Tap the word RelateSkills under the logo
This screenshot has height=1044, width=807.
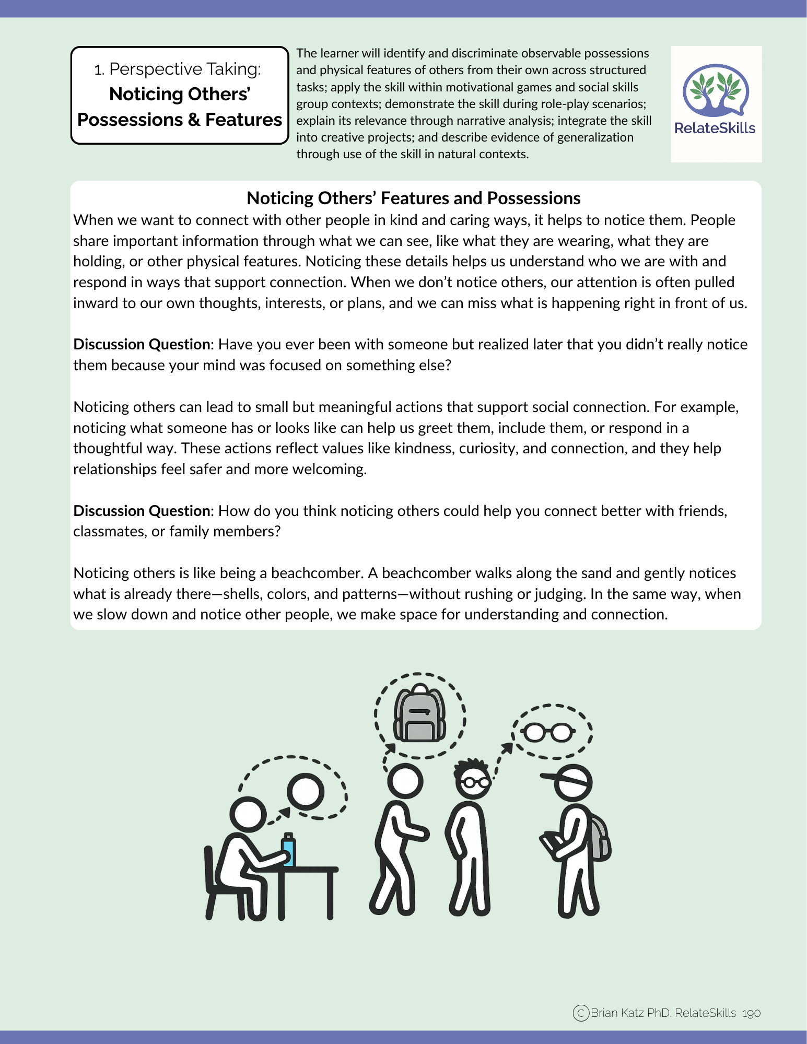click(x=715, y=128)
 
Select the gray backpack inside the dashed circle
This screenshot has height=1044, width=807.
click(x=419, y=714)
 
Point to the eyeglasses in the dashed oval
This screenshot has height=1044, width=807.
click(x=548, y=732)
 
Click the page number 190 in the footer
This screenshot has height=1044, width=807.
click(x=751, y=1013)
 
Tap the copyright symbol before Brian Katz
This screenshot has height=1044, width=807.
click(x=581, y=1013)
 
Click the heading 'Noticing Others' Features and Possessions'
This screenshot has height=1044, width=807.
click(x=413, y=198)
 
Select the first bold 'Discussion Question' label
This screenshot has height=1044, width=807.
click(x=142, y=345)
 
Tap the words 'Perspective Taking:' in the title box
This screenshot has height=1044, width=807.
click(x=185, y=69)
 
